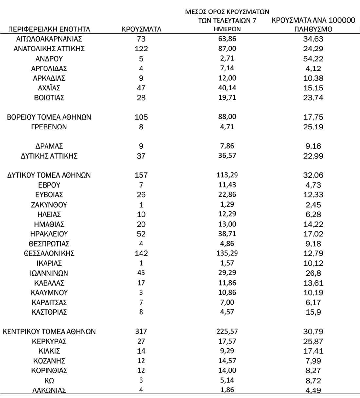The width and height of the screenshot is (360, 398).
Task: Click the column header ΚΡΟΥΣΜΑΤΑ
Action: coord(141,29)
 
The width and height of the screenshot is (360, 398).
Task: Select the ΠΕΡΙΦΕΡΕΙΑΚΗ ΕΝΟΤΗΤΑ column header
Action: coord(49,29)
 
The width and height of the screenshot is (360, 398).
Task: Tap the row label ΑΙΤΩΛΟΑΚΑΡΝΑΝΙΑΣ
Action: coord(49,39)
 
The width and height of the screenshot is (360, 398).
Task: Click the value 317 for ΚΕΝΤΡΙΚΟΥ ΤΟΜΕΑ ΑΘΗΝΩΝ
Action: coord(141,332)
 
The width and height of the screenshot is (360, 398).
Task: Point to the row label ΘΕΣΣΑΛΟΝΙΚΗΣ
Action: coord(49,253)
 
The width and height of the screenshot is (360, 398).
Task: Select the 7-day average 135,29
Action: coord(227,253)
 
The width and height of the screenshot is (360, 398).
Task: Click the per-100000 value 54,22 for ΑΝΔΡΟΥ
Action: coord(313,59)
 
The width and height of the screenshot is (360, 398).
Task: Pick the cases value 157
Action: coord(141,175)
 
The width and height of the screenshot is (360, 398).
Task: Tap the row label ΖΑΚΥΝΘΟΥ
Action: coord(49,205)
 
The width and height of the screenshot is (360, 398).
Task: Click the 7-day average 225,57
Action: coord(227,332)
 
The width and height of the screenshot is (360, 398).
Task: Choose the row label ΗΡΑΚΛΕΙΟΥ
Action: coord(49,234)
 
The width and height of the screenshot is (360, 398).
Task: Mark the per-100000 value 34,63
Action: coord(313,39)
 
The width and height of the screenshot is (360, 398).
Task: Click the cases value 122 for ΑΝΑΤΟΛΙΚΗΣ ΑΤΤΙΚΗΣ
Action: coord(141,49)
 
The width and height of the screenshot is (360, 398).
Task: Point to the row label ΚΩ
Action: coord(49,381)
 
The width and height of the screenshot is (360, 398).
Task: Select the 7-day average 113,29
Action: coord(227,175)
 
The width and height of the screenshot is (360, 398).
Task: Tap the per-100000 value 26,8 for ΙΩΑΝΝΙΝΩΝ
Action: coord(313,273)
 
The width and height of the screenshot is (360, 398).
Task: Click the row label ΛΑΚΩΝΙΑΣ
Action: coord(49,390)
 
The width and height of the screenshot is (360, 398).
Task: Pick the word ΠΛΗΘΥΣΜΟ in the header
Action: coord(313,29)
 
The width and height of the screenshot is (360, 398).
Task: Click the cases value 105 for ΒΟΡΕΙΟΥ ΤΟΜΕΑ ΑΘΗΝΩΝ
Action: coord(141,117)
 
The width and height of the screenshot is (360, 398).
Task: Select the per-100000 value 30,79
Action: coord(313,332)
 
